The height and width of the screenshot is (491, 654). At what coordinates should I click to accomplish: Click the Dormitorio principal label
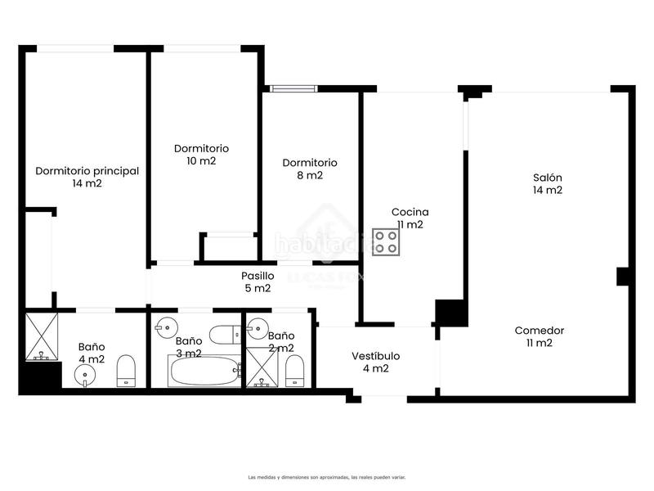[87, 177]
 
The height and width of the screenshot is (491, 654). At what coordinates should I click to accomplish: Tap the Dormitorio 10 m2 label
[201, 155]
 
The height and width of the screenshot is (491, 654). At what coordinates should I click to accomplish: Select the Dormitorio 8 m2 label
[310, 169]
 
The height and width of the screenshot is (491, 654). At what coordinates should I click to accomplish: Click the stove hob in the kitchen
[386, 242]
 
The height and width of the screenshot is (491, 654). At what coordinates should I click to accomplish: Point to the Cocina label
[410, 218]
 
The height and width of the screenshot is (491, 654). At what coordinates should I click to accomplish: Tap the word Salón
[548, 178]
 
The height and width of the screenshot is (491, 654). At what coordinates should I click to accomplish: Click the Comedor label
[540, 336]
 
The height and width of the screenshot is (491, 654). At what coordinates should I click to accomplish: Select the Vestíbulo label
[376, 362]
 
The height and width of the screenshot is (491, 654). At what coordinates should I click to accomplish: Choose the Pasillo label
[258, 282]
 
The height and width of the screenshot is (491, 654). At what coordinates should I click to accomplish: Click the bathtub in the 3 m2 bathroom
[204, 372]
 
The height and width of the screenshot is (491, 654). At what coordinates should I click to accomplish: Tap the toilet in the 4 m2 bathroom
[126, 371]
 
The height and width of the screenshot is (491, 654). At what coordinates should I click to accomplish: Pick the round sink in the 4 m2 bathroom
[85, 375]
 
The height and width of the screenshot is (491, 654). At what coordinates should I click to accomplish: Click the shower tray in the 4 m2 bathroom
[42, 336]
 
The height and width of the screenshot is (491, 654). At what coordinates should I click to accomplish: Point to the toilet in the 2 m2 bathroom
[294, 372]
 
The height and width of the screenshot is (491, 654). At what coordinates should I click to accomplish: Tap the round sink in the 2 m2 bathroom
[257, 329]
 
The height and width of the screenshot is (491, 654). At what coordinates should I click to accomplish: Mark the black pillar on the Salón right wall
[623, 277]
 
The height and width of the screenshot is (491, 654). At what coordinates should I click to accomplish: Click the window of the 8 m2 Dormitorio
[293, 88]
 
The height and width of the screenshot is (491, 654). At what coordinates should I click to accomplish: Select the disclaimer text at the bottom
[326, 477]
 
